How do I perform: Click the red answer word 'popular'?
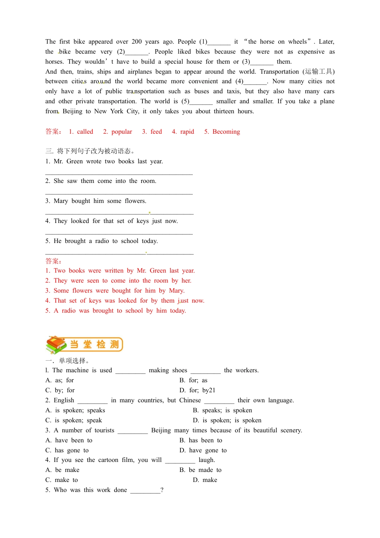122,132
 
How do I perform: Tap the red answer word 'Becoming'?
226,132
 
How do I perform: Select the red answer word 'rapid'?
187,132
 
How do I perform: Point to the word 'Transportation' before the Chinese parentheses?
279,72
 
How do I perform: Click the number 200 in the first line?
137,42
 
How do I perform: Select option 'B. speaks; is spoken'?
222,410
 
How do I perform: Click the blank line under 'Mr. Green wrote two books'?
119,174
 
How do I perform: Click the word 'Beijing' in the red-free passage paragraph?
72,111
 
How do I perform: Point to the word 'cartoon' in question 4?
108,460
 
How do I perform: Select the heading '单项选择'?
72,361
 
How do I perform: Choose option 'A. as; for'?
60,380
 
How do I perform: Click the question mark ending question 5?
162,490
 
